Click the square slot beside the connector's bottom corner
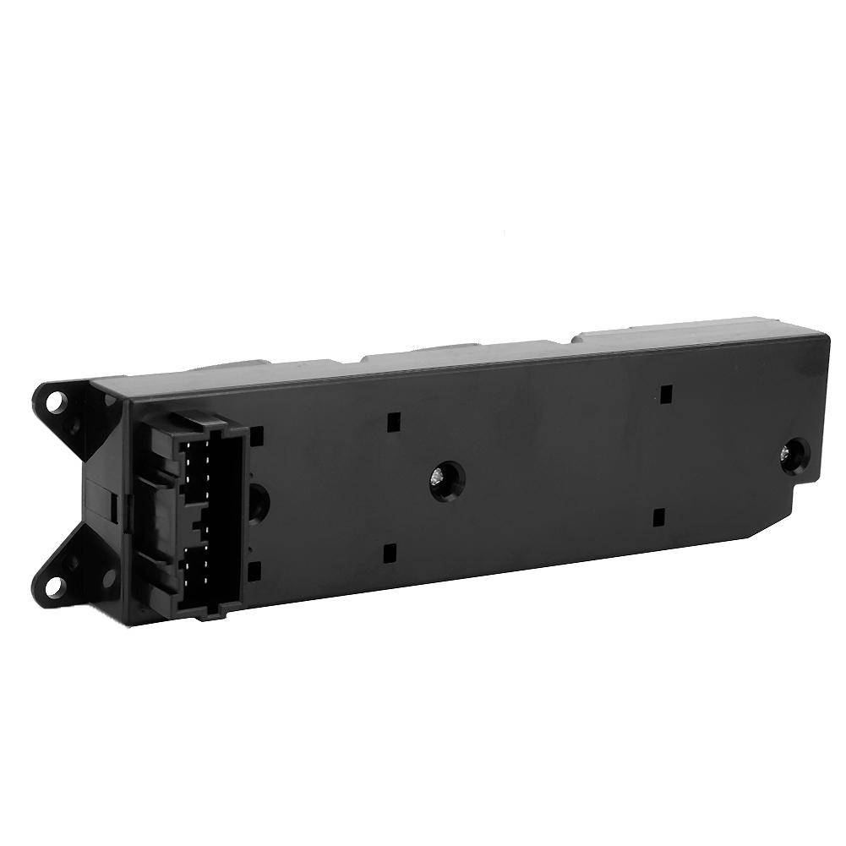click(x=255, y=571)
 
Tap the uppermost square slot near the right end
click(x=666, y=393)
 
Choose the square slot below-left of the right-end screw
click(x=659, y=516)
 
